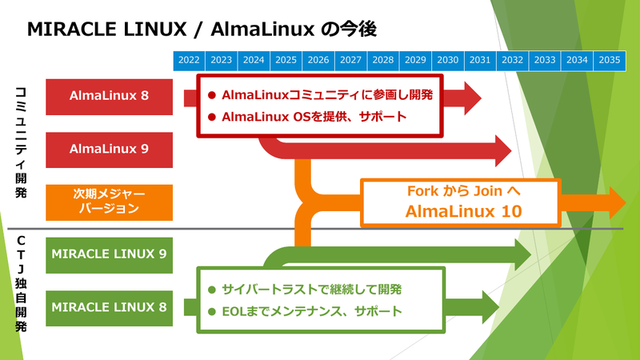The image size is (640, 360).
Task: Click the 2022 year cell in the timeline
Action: coord(190,61)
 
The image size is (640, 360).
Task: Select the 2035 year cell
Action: coord(609,61)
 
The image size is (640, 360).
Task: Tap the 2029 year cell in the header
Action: coord(415,61)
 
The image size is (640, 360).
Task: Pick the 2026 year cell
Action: coord(318,61)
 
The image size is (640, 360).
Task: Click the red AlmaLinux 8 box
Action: coord(110,96)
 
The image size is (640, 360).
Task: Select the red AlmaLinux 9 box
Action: coord(110,149)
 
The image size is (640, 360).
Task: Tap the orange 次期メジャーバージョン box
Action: coord(110,201)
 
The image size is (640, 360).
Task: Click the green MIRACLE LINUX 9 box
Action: coord(110,254)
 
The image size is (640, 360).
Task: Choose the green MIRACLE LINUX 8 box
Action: coord(110,307)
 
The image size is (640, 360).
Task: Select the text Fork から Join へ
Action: coord(452,192)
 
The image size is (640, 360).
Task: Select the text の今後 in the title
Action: coord(347,29)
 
